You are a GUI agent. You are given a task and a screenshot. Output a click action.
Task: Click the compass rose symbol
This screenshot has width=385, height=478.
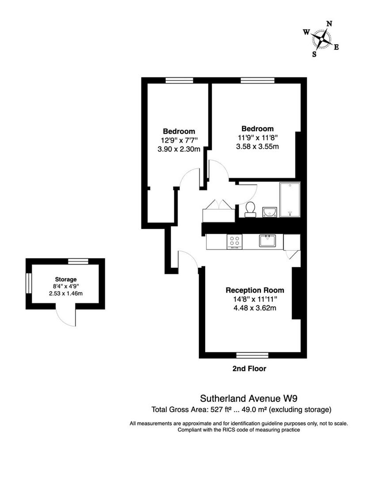pos(323,39)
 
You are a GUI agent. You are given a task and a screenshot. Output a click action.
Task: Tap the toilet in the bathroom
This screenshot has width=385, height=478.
pos(250,209)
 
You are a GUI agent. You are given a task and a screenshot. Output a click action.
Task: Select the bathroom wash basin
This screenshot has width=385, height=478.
pos(270,212)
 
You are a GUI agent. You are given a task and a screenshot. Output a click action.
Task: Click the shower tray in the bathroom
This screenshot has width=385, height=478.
pos(290,200)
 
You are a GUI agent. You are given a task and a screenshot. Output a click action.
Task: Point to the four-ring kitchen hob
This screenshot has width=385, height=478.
pos(234,242)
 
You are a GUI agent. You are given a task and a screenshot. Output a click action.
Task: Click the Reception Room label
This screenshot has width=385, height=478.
pos(255,290)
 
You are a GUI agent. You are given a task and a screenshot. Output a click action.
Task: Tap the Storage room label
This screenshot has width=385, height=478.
pos(66,279)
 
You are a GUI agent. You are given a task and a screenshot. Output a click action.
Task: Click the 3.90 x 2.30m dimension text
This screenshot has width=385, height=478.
pos(179,149)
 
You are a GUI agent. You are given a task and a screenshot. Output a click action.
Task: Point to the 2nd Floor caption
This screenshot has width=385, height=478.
pos(249,368)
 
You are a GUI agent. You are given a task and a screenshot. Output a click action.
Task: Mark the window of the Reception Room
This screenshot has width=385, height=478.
pos(252,355)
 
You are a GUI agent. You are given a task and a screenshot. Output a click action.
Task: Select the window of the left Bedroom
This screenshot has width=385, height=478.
pos(179,81)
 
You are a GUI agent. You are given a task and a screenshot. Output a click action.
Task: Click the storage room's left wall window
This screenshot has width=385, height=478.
pos(28,284)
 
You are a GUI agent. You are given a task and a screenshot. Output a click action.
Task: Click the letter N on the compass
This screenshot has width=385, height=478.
pos(329,24)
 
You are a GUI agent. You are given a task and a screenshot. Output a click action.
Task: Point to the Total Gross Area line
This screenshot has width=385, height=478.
pos(241,409)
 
